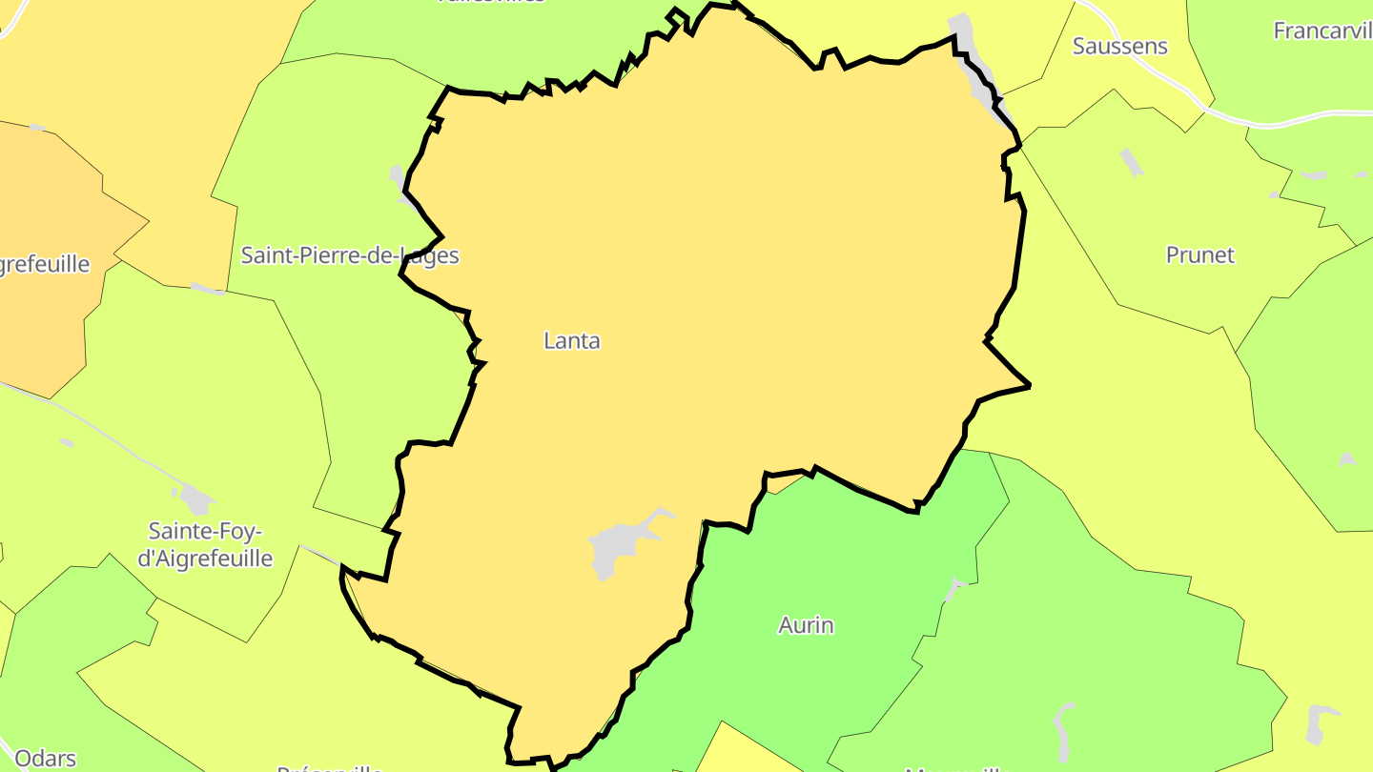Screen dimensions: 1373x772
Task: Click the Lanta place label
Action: point(572,340)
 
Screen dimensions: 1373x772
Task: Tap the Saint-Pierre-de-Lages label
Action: point(349,255)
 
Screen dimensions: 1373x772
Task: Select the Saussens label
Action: point(1119,46)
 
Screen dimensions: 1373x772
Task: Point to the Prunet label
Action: point(1199,254)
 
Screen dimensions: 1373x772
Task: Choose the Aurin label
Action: point(806,625)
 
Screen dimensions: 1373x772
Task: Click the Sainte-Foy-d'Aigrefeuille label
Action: point(205,544)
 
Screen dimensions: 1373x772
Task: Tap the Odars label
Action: point(45,759)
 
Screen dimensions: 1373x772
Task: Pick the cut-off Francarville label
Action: point(1323,30)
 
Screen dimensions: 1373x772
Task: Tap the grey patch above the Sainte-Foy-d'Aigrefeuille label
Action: point(196,498)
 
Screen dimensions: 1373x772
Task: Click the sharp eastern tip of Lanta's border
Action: point(1028,385)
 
